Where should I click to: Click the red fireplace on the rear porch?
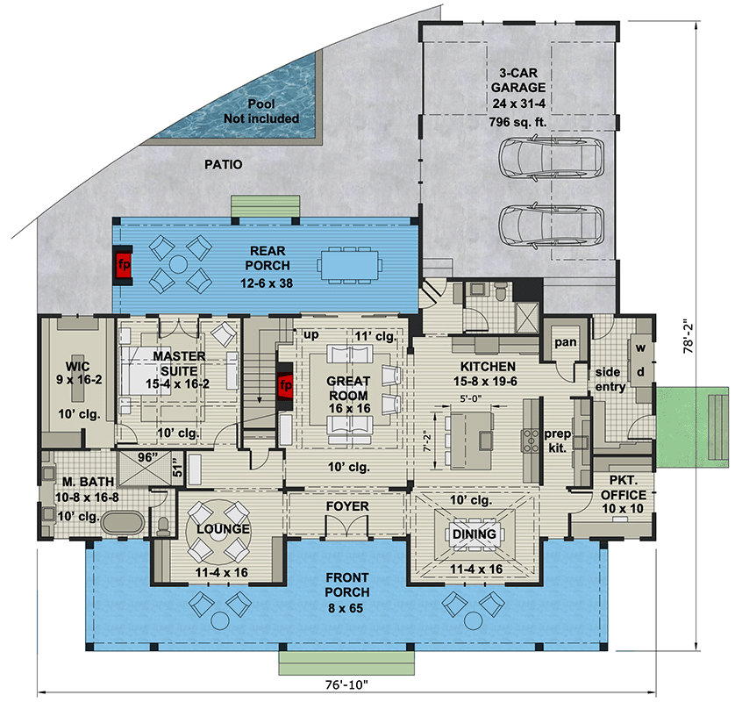pos(125,262)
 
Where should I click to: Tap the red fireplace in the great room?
pos(284,386)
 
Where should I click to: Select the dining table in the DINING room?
pos(474,534)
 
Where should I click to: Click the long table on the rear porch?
pos(350,262)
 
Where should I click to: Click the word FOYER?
pos(347,507)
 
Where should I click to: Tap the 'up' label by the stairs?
pos(310,336)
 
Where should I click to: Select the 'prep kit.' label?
pos(558,440)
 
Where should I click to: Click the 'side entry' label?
pos(608,380)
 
